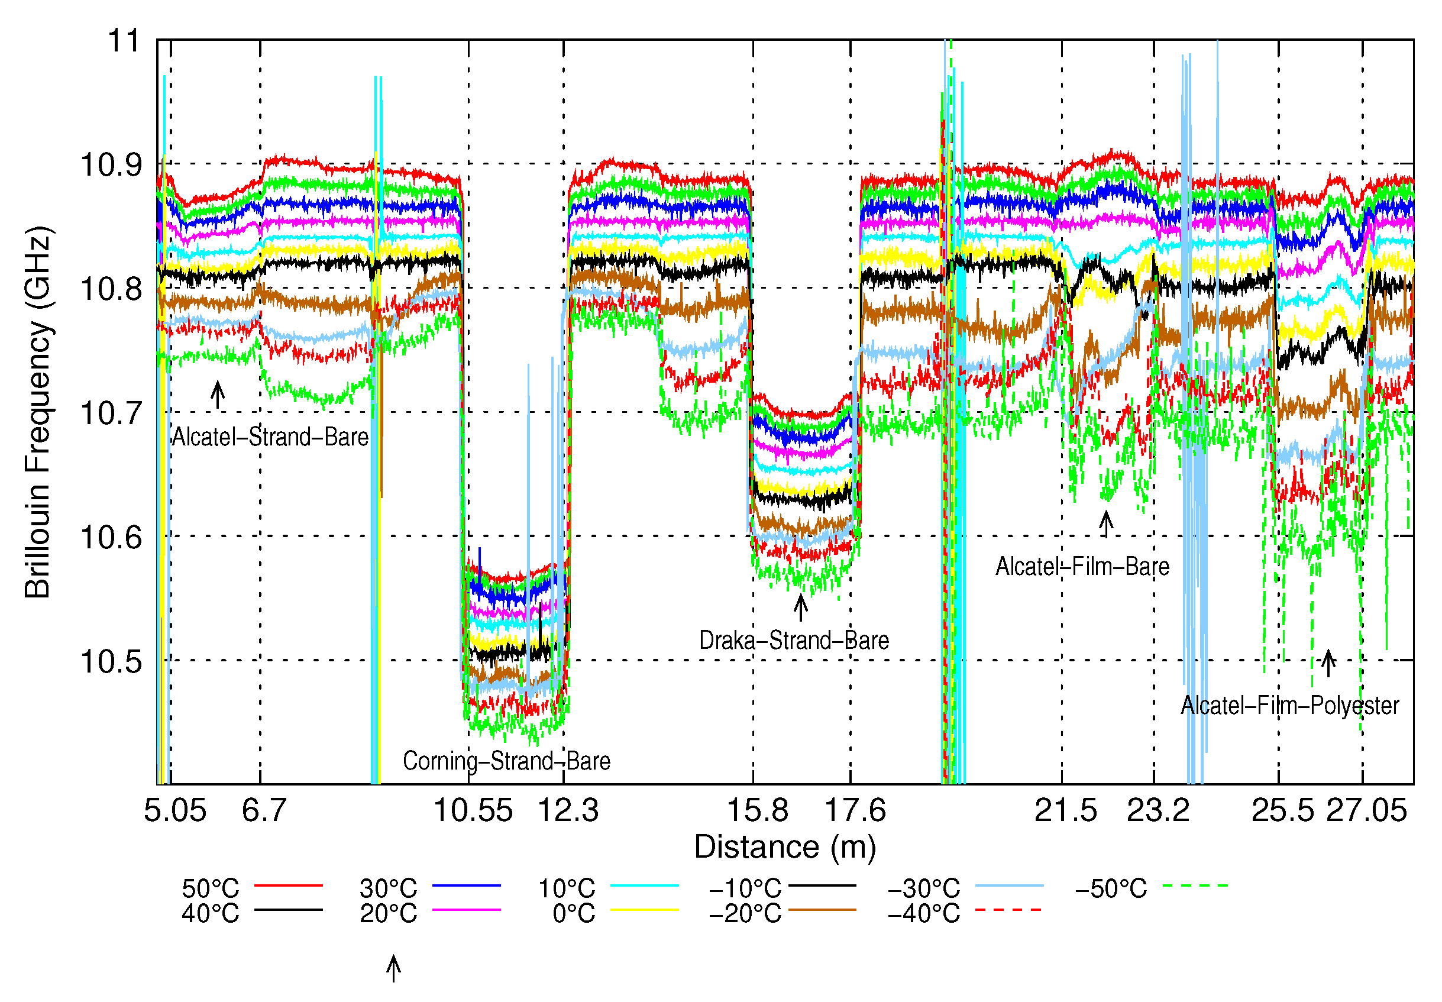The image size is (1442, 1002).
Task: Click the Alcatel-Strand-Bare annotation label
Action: click(x=270, y=437)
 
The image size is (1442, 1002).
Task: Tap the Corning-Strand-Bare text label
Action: click(x=506, y=761)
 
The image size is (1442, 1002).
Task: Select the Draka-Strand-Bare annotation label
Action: click(x=794, y=641)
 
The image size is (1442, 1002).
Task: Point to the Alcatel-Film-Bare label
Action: click(x=1082, y=567)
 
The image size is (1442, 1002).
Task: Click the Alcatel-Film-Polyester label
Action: click(x=1289, y=706)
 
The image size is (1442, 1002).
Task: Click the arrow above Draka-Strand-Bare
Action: click(x=800, y=607)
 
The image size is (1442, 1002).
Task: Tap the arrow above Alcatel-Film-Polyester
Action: click(x=1327, y=663)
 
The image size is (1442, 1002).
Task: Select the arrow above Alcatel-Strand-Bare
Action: click(x=217, y=395)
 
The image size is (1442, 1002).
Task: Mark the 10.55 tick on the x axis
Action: click(x=473, y=810)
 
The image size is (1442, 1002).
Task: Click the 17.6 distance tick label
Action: click(x=855, y=810)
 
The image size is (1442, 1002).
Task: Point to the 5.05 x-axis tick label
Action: click(x=174, y=810)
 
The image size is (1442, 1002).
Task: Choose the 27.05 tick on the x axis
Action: click(x=1366, y=810)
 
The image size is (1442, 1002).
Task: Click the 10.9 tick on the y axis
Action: click(x=111, y=165)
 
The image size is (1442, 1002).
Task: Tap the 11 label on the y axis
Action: click(x=123, y=41)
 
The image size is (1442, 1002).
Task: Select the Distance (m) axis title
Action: click(x=785, y=847)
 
